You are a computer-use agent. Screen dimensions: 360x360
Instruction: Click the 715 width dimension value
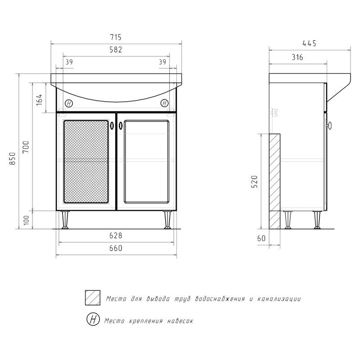pos(116,37)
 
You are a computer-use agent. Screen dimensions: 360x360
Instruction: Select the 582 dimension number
pos(116,49)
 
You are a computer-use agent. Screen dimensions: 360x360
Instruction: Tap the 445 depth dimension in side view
pos(309,43)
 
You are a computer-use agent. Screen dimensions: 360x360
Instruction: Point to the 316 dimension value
pos(297,57)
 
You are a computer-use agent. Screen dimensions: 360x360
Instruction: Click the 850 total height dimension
pos(13,158)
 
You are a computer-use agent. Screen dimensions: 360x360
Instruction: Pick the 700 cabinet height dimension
pos(27,147)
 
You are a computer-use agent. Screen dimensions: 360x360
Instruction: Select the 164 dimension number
pos(39,99)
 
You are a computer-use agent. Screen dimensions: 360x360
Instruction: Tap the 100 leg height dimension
pos(27,220)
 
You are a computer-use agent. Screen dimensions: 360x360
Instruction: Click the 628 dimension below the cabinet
pos(116,235)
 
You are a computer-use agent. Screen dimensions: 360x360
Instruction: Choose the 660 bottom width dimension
pos(116,248)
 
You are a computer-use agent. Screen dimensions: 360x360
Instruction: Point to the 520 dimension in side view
pos(255,182)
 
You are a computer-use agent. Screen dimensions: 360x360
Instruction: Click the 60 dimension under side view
pos(261,238)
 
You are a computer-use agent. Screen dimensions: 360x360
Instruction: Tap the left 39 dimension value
pos(69,62)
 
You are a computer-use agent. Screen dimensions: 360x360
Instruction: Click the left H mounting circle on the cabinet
pos(69,104)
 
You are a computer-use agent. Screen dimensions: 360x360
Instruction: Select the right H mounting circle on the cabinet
pos(164,103)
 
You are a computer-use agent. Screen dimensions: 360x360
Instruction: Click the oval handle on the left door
pos(112,126)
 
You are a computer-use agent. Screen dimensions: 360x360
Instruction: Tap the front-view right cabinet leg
pos(167,220)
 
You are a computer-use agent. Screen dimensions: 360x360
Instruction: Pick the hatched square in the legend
pos(93,297)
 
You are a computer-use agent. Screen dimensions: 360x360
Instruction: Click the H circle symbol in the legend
pos(93,319)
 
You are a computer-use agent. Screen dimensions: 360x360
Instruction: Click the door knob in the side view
pos(329,126)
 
